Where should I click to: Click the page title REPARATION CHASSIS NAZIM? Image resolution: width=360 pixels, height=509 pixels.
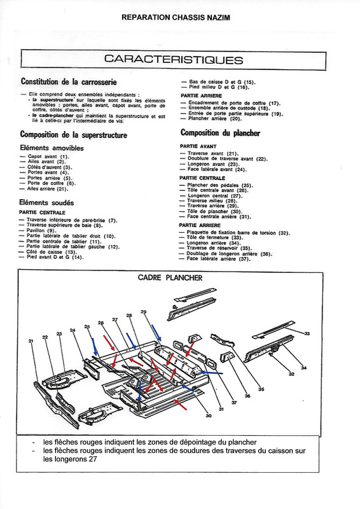pos(180,18)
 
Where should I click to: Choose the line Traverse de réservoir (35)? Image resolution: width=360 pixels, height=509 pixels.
pos(219,248)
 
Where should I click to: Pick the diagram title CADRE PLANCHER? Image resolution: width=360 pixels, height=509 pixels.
pos(170,277)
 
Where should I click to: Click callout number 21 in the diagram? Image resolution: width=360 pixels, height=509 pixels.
pos(31,342)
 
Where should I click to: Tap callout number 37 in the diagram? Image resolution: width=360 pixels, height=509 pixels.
pos(233,403)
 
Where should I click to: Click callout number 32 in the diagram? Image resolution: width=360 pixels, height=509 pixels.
pos(291,374)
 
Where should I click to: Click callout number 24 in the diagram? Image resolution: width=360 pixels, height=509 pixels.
pos(74,330)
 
